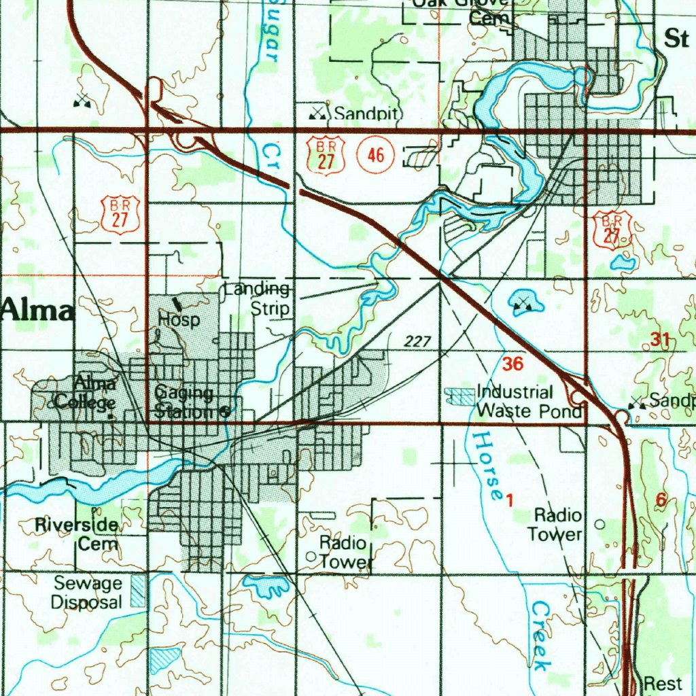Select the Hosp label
click(x=179, y=319)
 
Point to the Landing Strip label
click(x=258, y=299)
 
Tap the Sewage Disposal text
click(x=88, y=592)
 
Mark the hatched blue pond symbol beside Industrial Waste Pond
click(x=459, y=397)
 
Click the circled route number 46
click(x=375, y=156)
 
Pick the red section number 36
click(x=513, y=364)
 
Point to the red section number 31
click(x=659, y=341)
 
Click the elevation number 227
click(x=417, y=342)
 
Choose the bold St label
click(x=676, y=39)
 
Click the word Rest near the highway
click(x=658, y=683)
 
